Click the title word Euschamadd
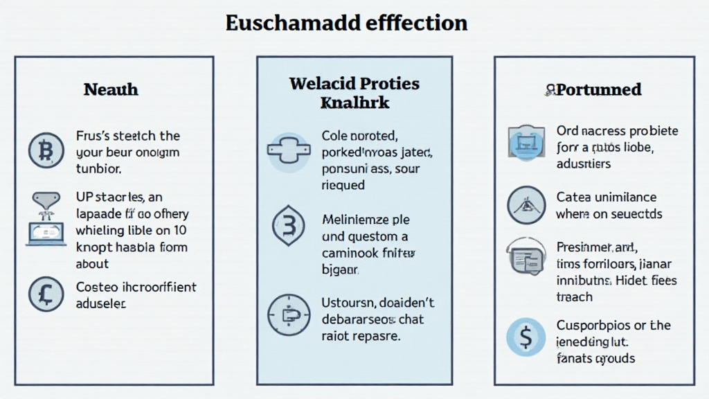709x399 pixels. [285, 23]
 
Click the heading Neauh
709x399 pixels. [111, 90]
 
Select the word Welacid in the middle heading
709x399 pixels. [321, 85]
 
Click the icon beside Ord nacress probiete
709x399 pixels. [526, 143]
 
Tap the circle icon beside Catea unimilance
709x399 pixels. [525, 204]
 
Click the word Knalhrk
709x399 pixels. [355, 103]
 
